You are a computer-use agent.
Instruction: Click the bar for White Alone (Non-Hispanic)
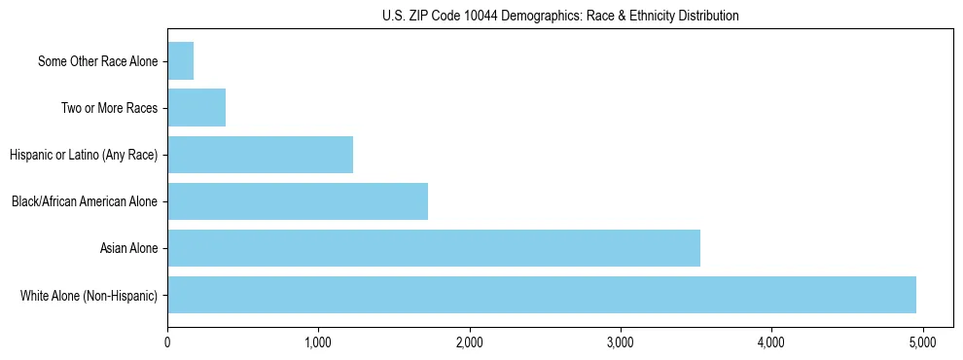tap(542, 295)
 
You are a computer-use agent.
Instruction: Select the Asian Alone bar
tap(434, 248)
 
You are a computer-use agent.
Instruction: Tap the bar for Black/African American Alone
tap(298, 201)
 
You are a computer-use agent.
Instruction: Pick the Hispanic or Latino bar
tap(260, 155)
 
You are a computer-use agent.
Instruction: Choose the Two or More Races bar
tap(196, 108)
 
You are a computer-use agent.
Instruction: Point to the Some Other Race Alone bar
tap(181, 61)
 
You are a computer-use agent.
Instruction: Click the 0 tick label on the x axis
tap(167, 342)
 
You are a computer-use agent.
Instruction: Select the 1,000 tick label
tap(318, 342)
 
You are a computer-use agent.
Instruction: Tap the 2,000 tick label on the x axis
tap(469, 342)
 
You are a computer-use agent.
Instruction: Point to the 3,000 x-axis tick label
tap(620, 342)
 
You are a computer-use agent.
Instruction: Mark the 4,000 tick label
tap(771, 342)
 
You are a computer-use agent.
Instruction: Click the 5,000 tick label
tap(922, 342)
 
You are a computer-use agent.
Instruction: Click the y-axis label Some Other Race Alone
tap(97, 61)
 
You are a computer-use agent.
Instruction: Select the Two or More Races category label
tap(109, 108)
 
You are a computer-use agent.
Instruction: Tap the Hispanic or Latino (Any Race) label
tap(83, 155)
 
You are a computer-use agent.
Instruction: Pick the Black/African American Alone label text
tap(85, 201)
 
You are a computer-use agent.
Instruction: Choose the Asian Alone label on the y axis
tap(128, 248)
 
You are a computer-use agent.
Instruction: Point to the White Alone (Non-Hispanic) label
tap(89, 295)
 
